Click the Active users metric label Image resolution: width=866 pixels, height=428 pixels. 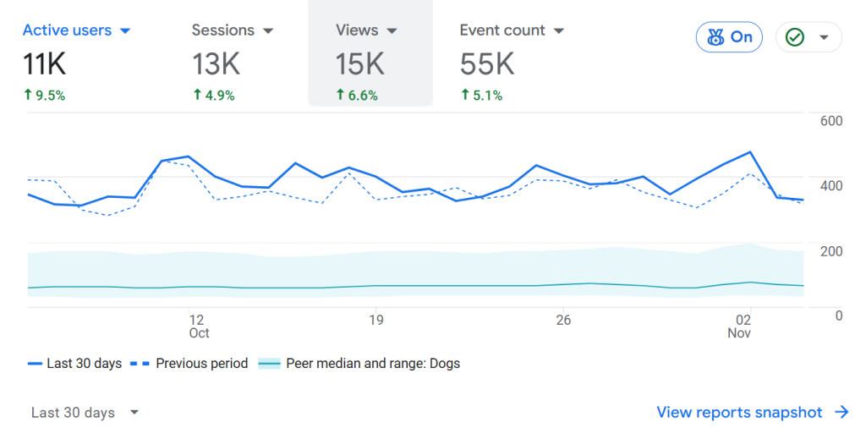(x=67, y=30)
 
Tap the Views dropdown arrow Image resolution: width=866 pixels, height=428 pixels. (x=392, y=31)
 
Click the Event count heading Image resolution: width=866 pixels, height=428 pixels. (x=502, y=30)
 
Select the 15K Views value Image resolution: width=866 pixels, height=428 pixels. (x=360, y=63)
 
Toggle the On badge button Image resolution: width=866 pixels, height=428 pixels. (x=729, y=37)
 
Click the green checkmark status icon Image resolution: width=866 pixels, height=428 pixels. (x=794, y=37)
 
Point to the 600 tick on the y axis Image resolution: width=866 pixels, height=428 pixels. (x=831, y=121)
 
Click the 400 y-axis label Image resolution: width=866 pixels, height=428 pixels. (x=831, y=186)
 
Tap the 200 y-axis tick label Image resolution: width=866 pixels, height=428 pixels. (x=831, y=251)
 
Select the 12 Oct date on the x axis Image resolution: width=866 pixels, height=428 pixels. (x=198, y=326)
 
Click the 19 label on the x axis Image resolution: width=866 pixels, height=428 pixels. (x=376, y=320)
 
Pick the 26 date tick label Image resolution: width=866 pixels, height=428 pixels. (x=563, y=320)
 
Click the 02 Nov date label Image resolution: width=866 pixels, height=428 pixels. (x=742, y=326)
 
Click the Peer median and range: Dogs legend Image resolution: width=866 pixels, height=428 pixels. (x=372, y=364)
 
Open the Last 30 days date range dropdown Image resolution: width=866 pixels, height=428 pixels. (x=85, y=413)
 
